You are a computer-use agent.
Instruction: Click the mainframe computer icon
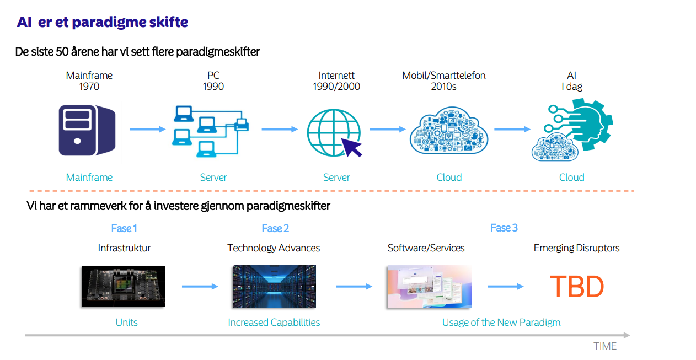pyautogui.click(x=87, y=130)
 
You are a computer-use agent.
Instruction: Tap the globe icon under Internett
pyautogui.click(x=334, y=133)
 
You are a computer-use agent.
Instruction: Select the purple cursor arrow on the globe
pyautogui.click(x=352, y=147)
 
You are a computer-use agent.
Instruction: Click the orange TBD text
pyautogui.click(x=577, y=286)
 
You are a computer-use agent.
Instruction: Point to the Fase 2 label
pyautogui.click(x=275, y=228)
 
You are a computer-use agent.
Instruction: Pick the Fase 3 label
pyautogui.click(x=504, y=228)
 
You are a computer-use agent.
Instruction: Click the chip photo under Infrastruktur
pyautogui.click(x=124, y=286)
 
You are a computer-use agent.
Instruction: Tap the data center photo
pyautogui.click(x=274, y=286)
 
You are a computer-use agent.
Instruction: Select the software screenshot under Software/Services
pyautogui.click(x=430, y=286)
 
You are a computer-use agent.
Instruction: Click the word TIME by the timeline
pyautogui.click(x=605, y=346)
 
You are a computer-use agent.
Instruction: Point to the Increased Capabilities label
pyautogui.click(x=274, y=323)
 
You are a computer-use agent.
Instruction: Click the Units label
pyautogui.click(x=126, y=323)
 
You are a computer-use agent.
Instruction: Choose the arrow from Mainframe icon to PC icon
pyautogui.click(x=148, y=129)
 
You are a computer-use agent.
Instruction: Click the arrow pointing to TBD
pyautogui.click(x=506, y=286)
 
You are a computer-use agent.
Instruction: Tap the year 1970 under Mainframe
pyautogui.click(x=89, y=87)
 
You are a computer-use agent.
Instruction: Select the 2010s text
pyautogui.click(x=444, y=87)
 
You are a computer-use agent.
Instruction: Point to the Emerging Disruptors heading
pyautogui.click(x=577, y=248)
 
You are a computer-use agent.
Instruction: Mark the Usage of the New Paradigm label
pyautogui.click(x=501, y=323)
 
